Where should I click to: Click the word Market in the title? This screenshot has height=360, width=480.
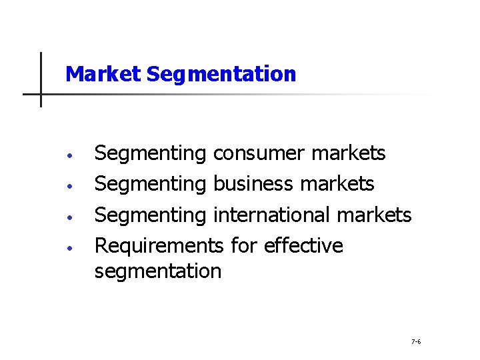tap(103, 74)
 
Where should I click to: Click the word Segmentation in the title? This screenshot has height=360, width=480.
tap(221, 74)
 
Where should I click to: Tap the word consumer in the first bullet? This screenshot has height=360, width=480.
tap(259, 153)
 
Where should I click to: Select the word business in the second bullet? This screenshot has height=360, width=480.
tap(255, 183)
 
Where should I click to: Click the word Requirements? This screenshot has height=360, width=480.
tap(159, 246)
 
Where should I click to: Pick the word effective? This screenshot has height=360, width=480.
tap(304, 245)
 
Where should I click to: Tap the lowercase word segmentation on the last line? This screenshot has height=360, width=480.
tap(158, 271)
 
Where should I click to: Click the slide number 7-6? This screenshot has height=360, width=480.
tap(416, 342)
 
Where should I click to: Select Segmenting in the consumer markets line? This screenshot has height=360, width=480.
tap(151, 154)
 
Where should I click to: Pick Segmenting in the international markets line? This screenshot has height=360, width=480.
tap(151, 215)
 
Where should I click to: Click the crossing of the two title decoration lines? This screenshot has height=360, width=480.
tap(41, 94)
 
